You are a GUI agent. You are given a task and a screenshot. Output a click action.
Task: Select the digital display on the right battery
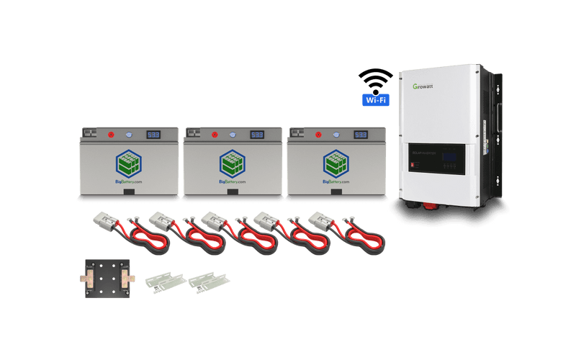pos(360,135)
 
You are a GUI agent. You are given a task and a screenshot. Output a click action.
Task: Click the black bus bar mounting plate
pos(107,278)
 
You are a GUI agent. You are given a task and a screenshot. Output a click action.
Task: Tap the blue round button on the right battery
pos(336,135)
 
